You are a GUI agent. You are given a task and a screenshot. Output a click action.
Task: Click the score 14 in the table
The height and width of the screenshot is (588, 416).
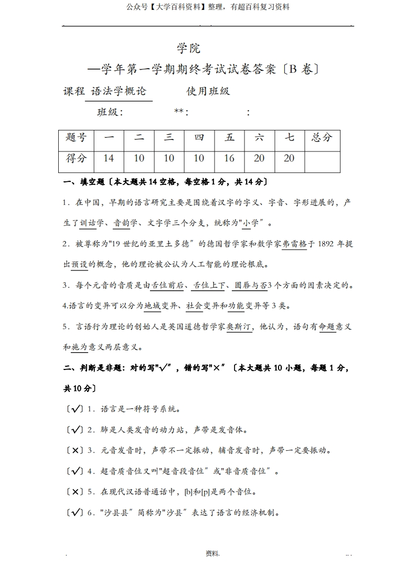tap(109, 158)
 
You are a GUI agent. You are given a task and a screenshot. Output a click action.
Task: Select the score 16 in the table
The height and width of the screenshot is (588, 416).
tap(229, 158)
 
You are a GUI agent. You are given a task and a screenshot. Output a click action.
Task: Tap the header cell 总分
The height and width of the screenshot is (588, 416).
tap(322, 137)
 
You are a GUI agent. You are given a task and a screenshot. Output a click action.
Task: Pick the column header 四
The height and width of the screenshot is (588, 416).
tap(199, 137)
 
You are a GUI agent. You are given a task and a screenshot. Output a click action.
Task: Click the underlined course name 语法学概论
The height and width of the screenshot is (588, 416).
tap(119, 91)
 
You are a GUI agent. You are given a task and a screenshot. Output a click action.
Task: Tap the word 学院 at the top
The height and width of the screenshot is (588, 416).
tap(189, 49)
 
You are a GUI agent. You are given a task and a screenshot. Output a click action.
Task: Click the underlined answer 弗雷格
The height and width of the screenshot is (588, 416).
tap(294, 244)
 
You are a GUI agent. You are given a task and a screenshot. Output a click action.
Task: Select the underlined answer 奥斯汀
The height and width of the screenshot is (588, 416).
tap(240, 326)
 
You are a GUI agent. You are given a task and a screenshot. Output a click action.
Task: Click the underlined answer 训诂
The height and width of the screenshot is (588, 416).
tap(88, 223)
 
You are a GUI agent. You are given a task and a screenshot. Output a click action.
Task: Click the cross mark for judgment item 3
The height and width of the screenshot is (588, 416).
tap(75, 450)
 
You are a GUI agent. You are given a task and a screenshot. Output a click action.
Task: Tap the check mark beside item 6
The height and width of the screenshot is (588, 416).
tap(75, 513)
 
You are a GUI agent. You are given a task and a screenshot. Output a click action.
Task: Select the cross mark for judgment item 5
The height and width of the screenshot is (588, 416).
tap(75, 492)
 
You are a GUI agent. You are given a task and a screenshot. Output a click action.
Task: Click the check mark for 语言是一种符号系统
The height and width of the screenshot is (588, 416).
tap(75, 409)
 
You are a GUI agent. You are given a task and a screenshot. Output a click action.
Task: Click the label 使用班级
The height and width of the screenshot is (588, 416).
tap(208, 91)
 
